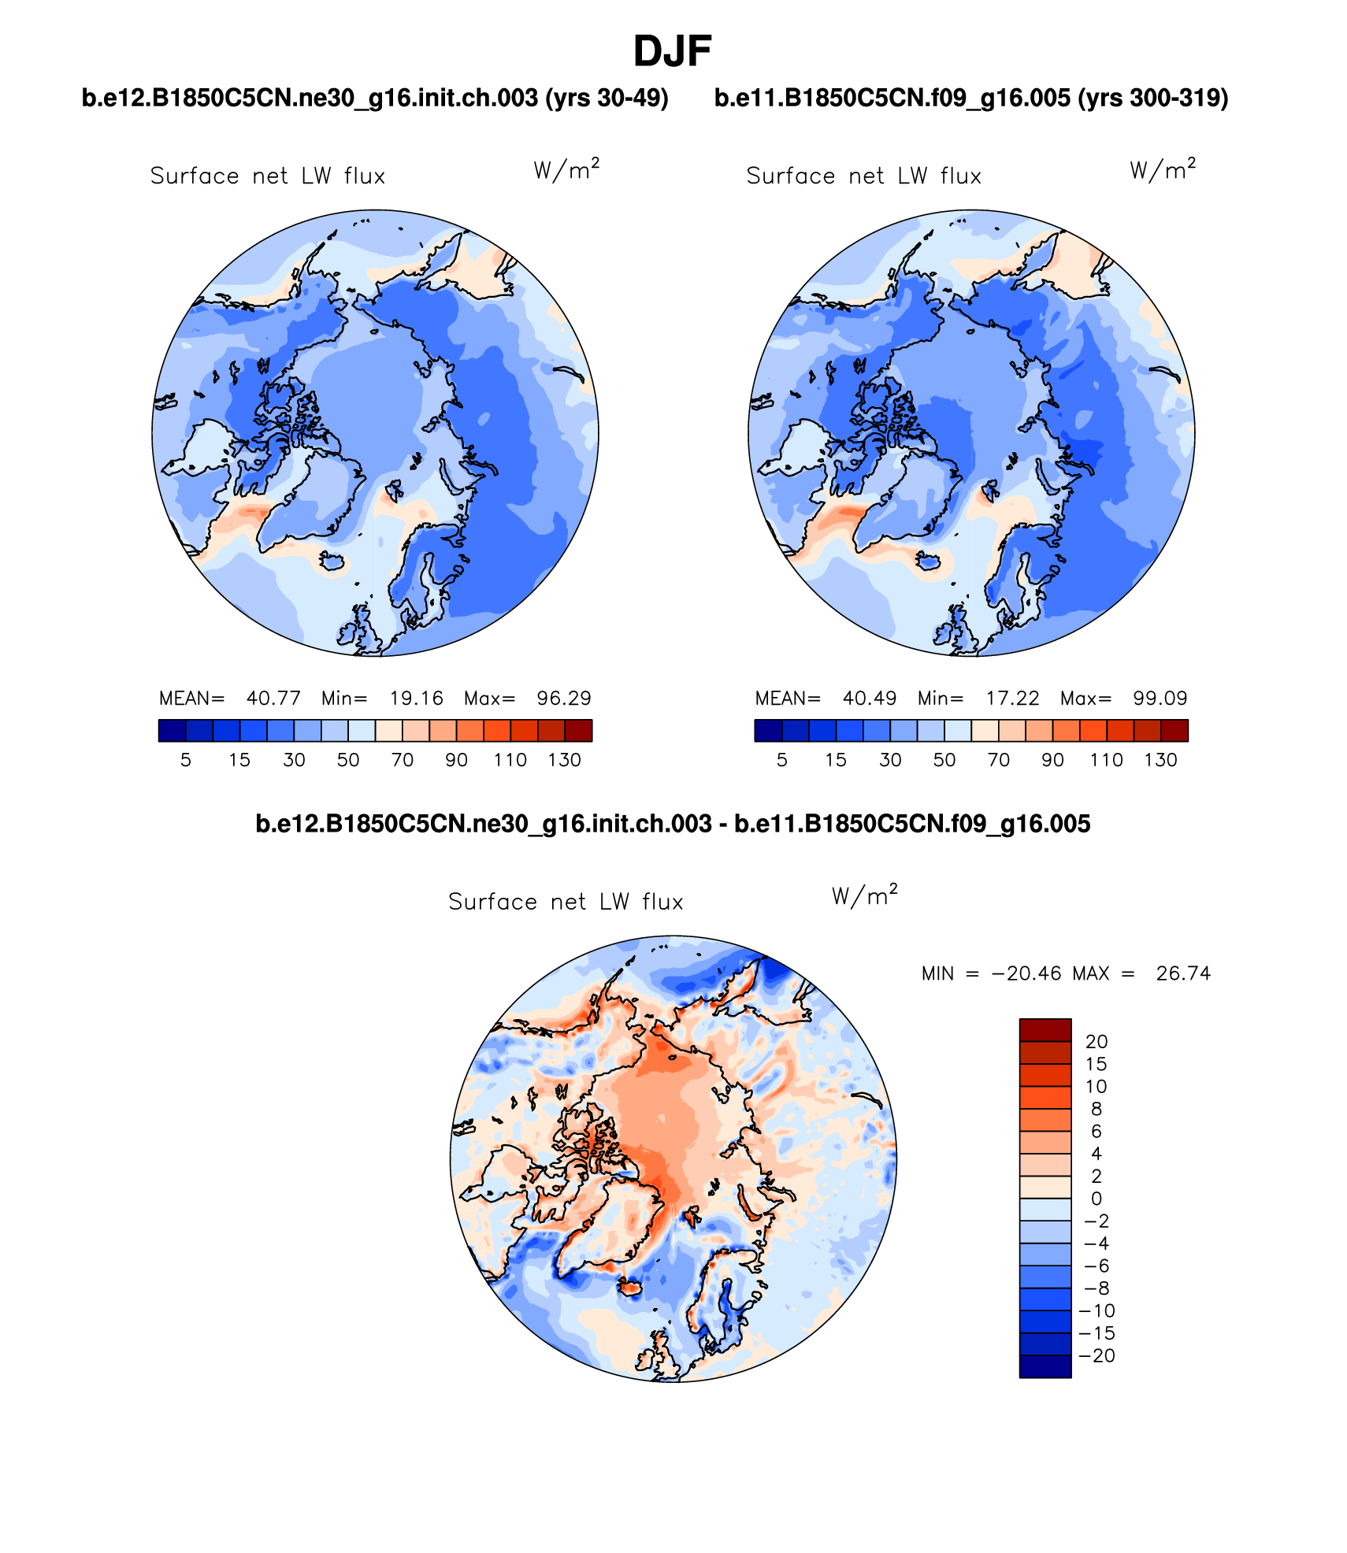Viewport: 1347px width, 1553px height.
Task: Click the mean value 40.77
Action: pos(273,699)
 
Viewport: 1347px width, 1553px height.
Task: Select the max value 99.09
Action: pos(1160,699)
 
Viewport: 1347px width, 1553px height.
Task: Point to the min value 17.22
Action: pos(1012,699)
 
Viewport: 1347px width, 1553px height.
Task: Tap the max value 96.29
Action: pos(563,699)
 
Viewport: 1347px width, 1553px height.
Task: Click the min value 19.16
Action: pos(416,699)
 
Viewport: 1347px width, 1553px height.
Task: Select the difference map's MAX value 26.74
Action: pos(1183,973)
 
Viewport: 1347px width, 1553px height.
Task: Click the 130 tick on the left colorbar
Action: pos(564,760)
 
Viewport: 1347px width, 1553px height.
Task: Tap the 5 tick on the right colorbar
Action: pos(781,760)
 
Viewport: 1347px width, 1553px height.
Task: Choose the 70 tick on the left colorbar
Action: pos(403,760)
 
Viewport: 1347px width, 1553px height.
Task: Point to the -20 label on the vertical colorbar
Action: pos(1097,1356)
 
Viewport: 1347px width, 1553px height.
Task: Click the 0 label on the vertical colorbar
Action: pos(1096,1199)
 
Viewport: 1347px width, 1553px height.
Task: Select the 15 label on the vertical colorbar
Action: pos(1096,1064)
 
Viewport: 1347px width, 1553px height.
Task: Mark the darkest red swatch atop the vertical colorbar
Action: pos(1045,1030)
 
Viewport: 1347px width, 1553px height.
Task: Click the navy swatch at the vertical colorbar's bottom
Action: pos(1045,1366)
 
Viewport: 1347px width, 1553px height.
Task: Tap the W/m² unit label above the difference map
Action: pos(864,895)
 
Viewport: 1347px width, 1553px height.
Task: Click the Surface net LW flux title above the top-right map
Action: pos(863,176)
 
